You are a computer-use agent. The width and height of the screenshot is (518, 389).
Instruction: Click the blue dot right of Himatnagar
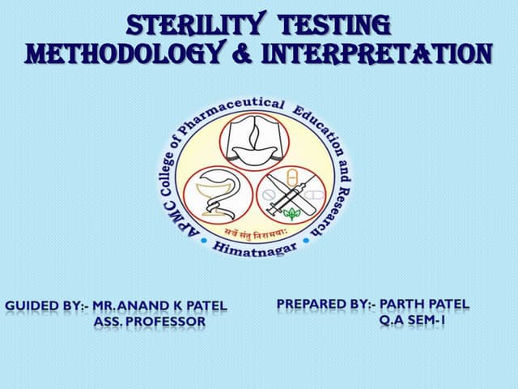click(x=306, y=241)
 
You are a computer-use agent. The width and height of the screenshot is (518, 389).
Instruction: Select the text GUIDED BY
click(x=45, y=306)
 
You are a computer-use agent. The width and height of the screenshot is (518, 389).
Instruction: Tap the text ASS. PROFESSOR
click(x=150, y=322)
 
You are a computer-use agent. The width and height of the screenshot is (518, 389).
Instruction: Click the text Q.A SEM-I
click(x=412, y=320)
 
